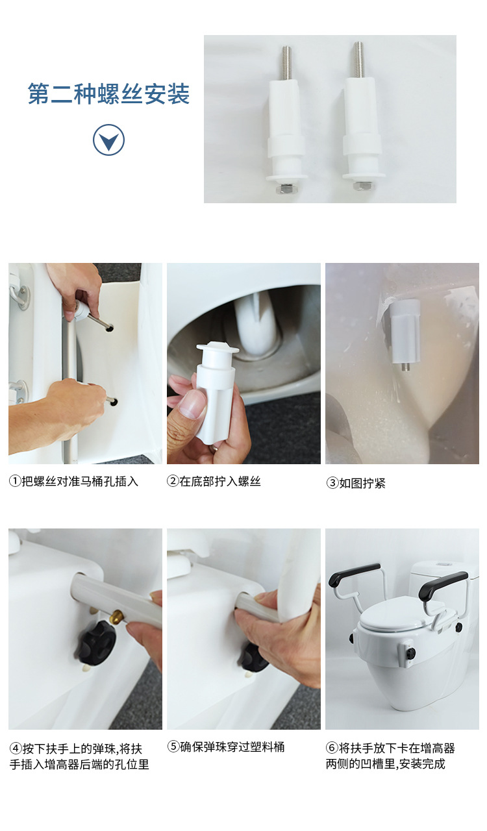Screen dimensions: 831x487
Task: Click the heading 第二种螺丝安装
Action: [108, 95]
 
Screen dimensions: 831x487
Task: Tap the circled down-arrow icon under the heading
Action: [108, 140]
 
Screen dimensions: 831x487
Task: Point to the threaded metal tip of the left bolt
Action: [286, 62]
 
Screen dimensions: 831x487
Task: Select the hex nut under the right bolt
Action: [361, 186]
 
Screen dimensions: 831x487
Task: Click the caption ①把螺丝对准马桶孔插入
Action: [73, 482]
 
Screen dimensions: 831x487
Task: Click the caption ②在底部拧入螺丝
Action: [214, 482]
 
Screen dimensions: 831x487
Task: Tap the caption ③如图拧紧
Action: [355, 483]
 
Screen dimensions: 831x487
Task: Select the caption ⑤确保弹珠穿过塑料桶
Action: [226, 747]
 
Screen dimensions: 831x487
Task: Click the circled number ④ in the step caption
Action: [15, 748]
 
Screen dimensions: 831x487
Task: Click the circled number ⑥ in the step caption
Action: [332, 748]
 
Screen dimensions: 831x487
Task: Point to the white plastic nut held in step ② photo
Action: [214, 390]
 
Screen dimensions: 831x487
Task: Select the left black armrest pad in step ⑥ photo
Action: [354, 573]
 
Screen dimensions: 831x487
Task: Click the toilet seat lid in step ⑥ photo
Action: [399, 617]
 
